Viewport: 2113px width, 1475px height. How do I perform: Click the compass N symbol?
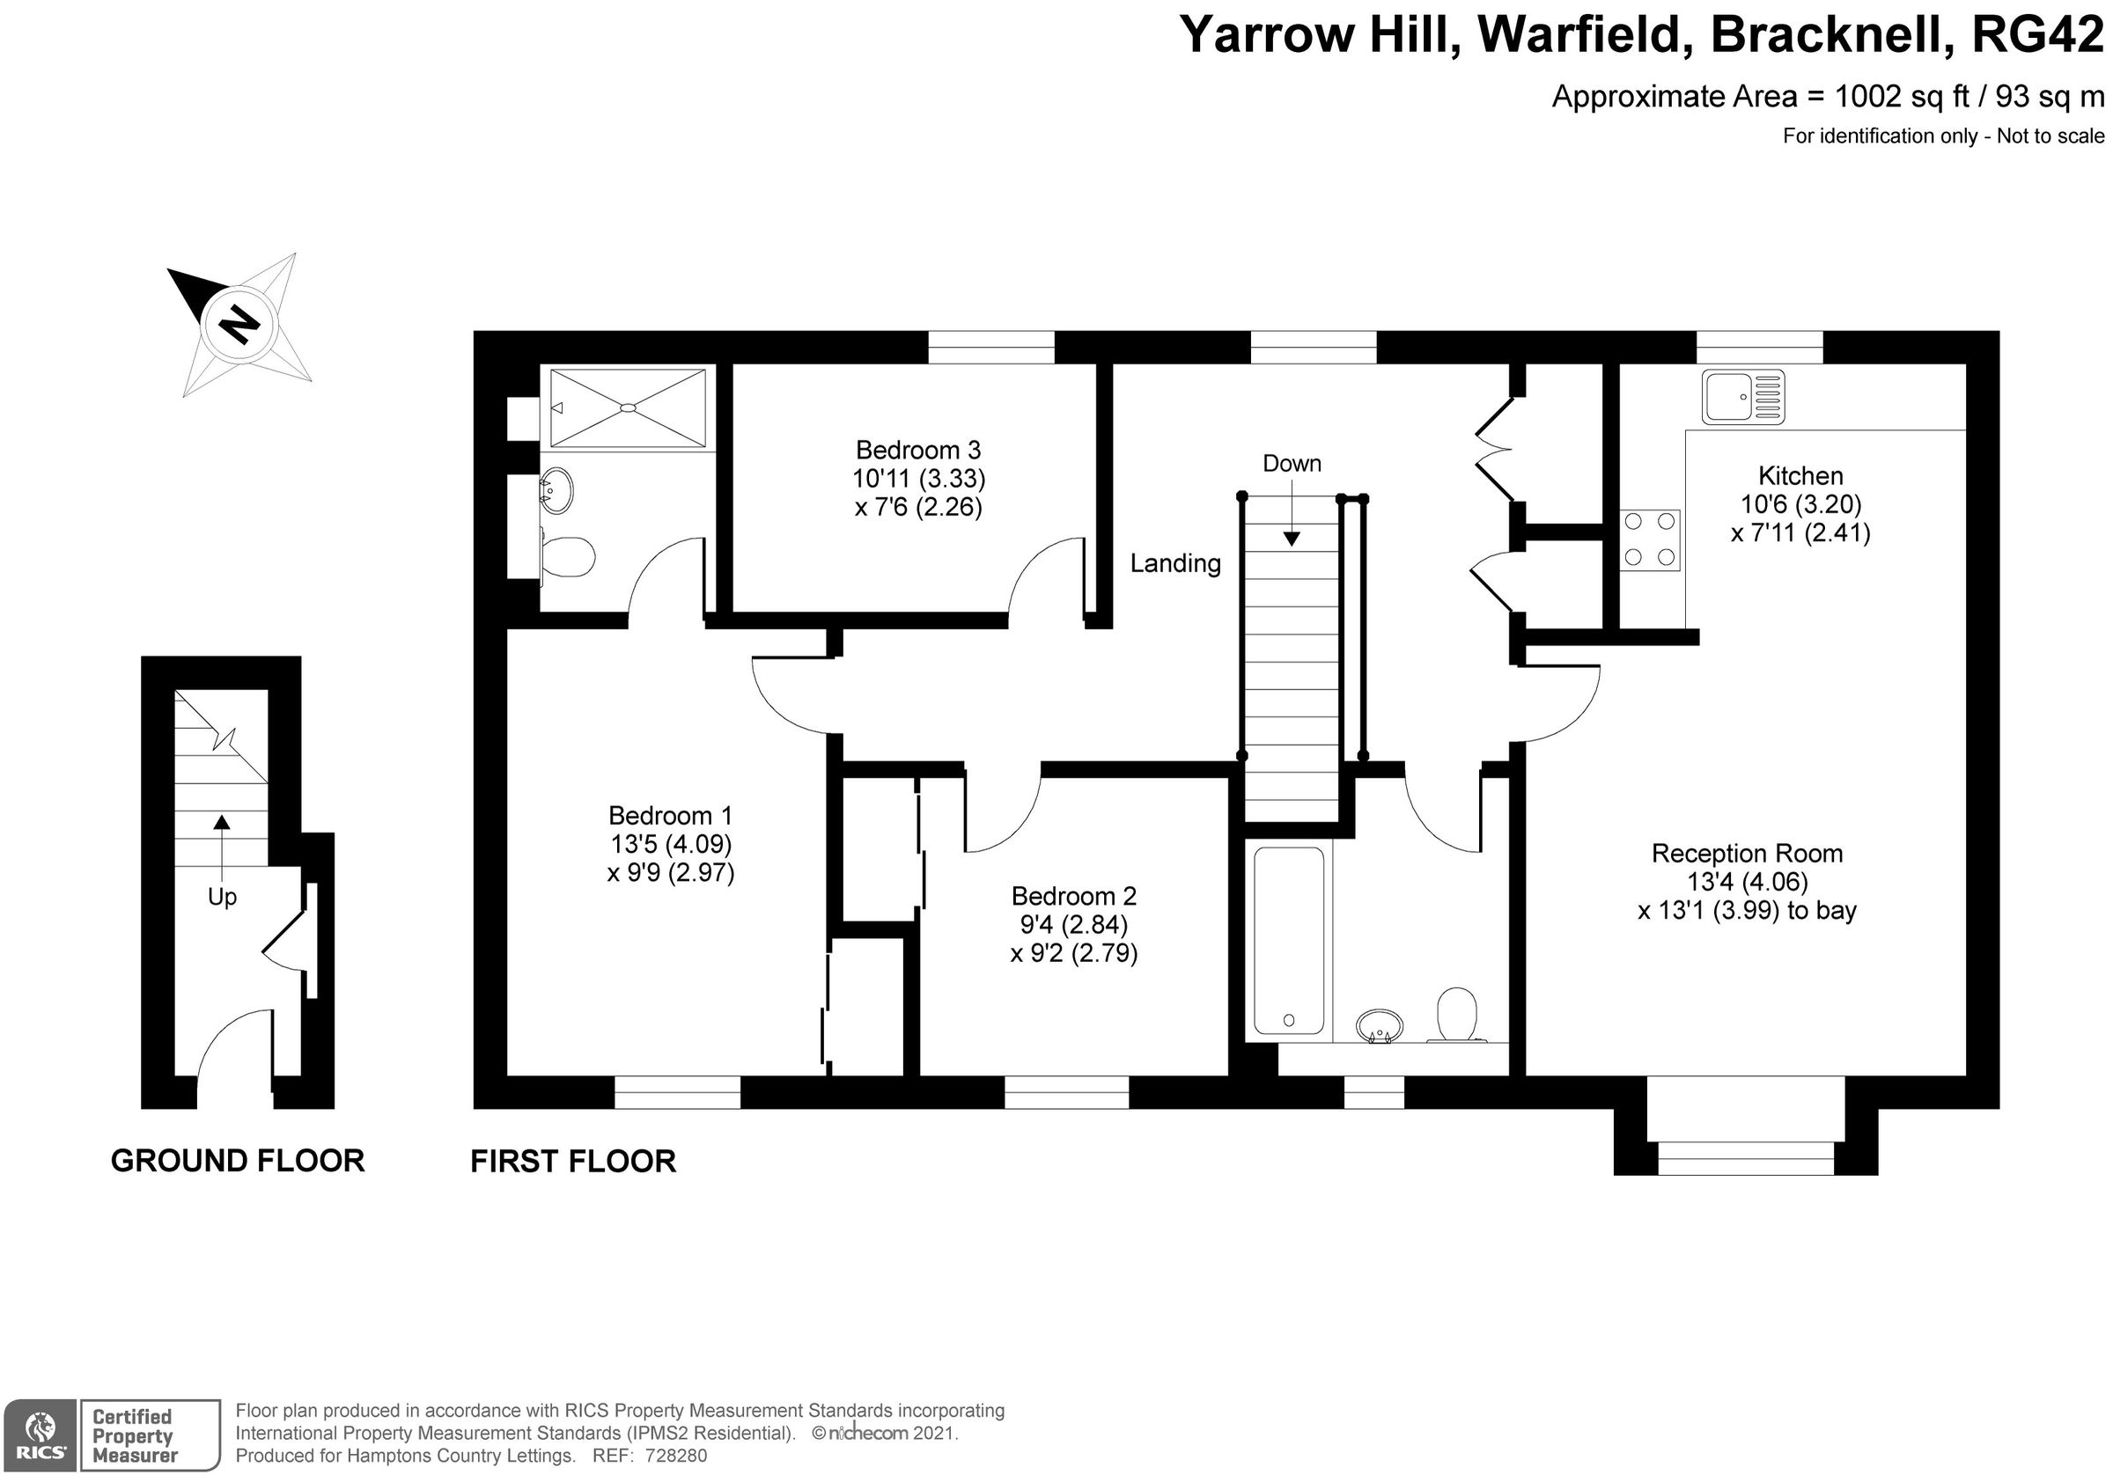coord(239,324)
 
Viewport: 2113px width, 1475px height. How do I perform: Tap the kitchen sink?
coord(1742,397)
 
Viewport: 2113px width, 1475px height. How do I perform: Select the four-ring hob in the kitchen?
coord(1650,539)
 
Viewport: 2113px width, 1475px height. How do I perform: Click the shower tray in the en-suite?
coord(627,407)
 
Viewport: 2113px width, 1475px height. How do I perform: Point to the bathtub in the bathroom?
coord(1288,941)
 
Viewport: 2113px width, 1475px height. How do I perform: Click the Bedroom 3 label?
coord(917,450)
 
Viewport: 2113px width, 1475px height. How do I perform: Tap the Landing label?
coord(1174,563)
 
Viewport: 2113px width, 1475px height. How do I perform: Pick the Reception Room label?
coord(1746,853)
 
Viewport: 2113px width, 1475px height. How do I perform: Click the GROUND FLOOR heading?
coord(238,1160)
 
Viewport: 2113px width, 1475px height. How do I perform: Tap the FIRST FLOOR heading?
coord(572,1161)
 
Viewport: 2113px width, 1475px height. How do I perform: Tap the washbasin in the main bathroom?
coord(1380,1025)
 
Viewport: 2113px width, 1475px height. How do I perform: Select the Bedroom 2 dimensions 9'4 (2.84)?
coord(1072,924)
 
